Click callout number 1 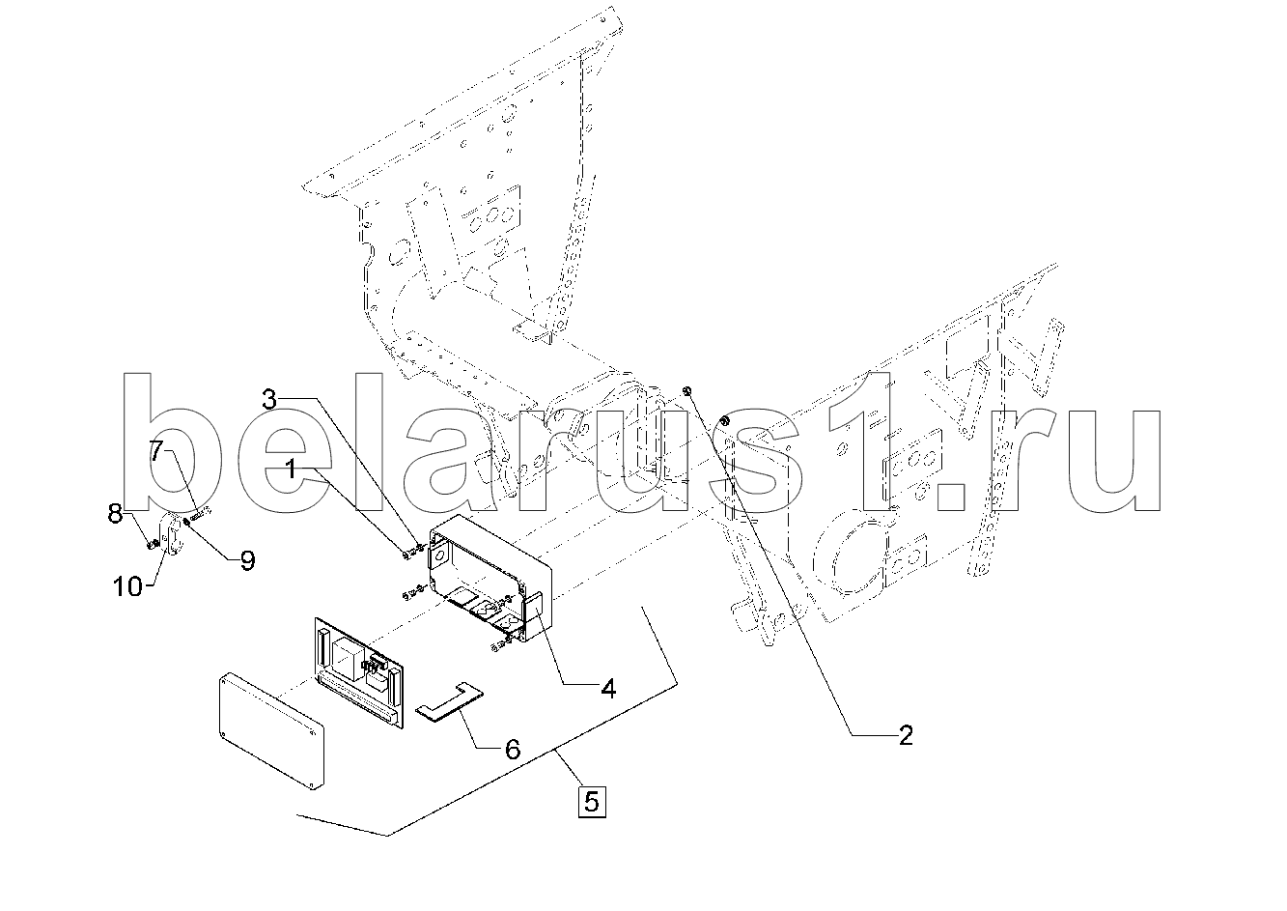pos(290,470)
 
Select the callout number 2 pos(905,736)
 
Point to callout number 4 pos(607,689)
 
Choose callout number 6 pos(512,749)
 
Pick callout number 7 pos(157,450)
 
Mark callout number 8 pos(115,514)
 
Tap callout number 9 pos(247,561)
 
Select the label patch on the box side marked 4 pos(534,612)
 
